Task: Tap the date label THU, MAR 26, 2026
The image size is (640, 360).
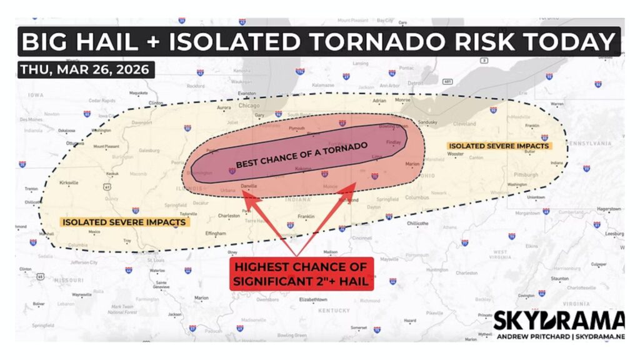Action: pyautogui.click(x=85, y=69)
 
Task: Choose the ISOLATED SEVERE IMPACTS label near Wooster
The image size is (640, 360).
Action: pyautogui.click(x=498, y=146)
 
